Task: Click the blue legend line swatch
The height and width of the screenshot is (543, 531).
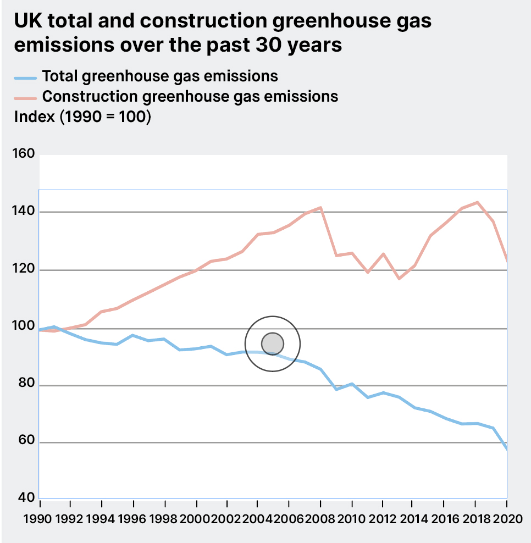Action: coord(25,77)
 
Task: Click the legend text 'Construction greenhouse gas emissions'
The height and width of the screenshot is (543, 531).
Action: coord(190,97)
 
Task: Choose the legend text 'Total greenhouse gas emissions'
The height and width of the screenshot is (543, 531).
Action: coord(160,76)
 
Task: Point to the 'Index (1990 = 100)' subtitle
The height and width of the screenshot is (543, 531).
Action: coord(82,117)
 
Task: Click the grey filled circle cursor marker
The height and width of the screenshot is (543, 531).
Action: coord(273,343)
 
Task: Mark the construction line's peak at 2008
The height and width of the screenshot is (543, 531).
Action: coord(320,208)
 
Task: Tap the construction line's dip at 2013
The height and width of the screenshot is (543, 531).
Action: coord(399,279)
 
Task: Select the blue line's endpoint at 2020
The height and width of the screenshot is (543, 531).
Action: coord(506,449)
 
